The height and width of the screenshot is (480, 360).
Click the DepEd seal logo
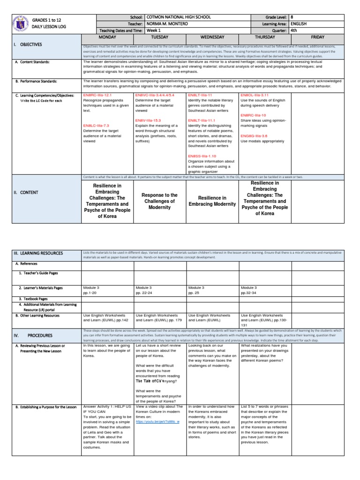[x=20, y=23]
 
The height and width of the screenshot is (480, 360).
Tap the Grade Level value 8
[x=292, y=17]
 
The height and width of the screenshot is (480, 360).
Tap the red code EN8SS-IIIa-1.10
[x=202, y=156]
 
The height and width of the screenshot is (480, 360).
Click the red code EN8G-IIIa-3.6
[x=255, y=135]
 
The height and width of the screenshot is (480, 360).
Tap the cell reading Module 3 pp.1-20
[x=92, y=290]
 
